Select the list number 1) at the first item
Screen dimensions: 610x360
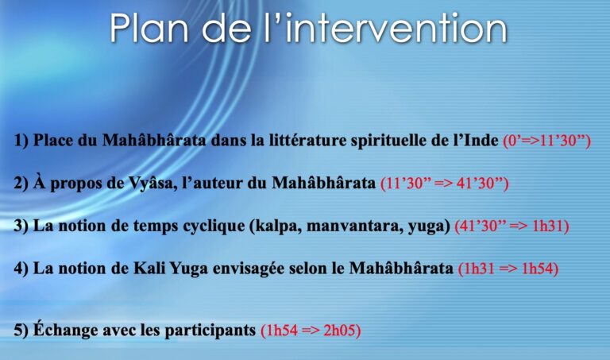[21, 141]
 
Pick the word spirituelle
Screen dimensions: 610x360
[388, 141]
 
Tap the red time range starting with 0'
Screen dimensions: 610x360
[547, 141]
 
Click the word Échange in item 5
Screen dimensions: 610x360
[66, 330]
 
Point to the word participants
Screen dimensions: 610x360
[210, 331]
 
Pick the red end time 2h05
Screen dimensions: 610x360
[342, 331]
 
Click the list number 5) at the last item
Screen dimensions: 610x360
[21, 331]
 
